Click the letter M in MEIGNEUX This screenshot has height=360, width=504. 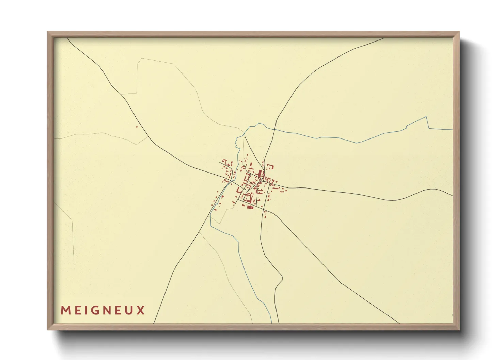65,310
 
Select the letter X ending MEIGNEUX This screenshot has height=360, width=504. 141,310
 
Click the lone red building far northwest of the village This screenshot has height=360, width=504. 137,127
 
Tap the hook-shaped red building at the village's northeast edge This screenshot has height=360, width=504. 271,166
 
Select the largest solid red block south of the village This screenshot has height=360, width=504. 250,207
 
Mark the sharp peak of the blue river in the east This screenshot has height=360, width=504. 427,117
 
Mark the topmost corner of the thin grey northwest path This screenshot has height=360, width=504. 141,59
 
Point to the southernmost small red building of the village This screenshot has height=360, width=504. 265,216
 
